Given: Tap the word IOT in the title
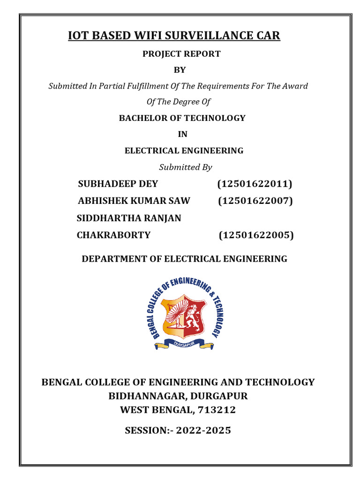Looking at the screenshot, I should coord(78,36).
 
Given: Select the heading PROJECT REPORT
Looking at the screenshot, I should coord(181,54).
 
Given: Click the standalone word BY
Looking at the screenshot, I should coord(180,70).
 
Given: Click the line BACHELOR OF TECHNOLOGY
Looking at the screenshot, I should coord(182,118).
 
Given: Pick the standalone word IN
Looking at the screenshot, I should coord(182,135).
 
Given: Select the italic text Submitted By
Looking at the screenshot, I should coord(186,167).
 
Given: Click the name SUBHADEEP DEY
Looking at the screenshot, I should coord(118,184).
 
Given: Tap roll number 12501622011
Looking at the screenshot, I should coord(255,184).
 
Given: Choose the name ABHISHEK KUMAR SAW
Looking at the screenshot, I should coord(134,201).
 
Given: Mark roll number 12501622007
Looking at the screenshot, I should coord(255,201).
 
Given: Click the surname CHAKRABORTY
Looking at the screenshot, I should coord(114,235).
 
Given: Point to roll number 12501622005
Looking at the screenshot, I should coord(256,235).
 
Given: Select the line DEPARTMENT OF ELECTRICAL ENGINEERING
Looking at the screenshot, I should coord(185,259).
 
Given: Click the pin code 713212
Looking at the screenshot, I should coord(217,410).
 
